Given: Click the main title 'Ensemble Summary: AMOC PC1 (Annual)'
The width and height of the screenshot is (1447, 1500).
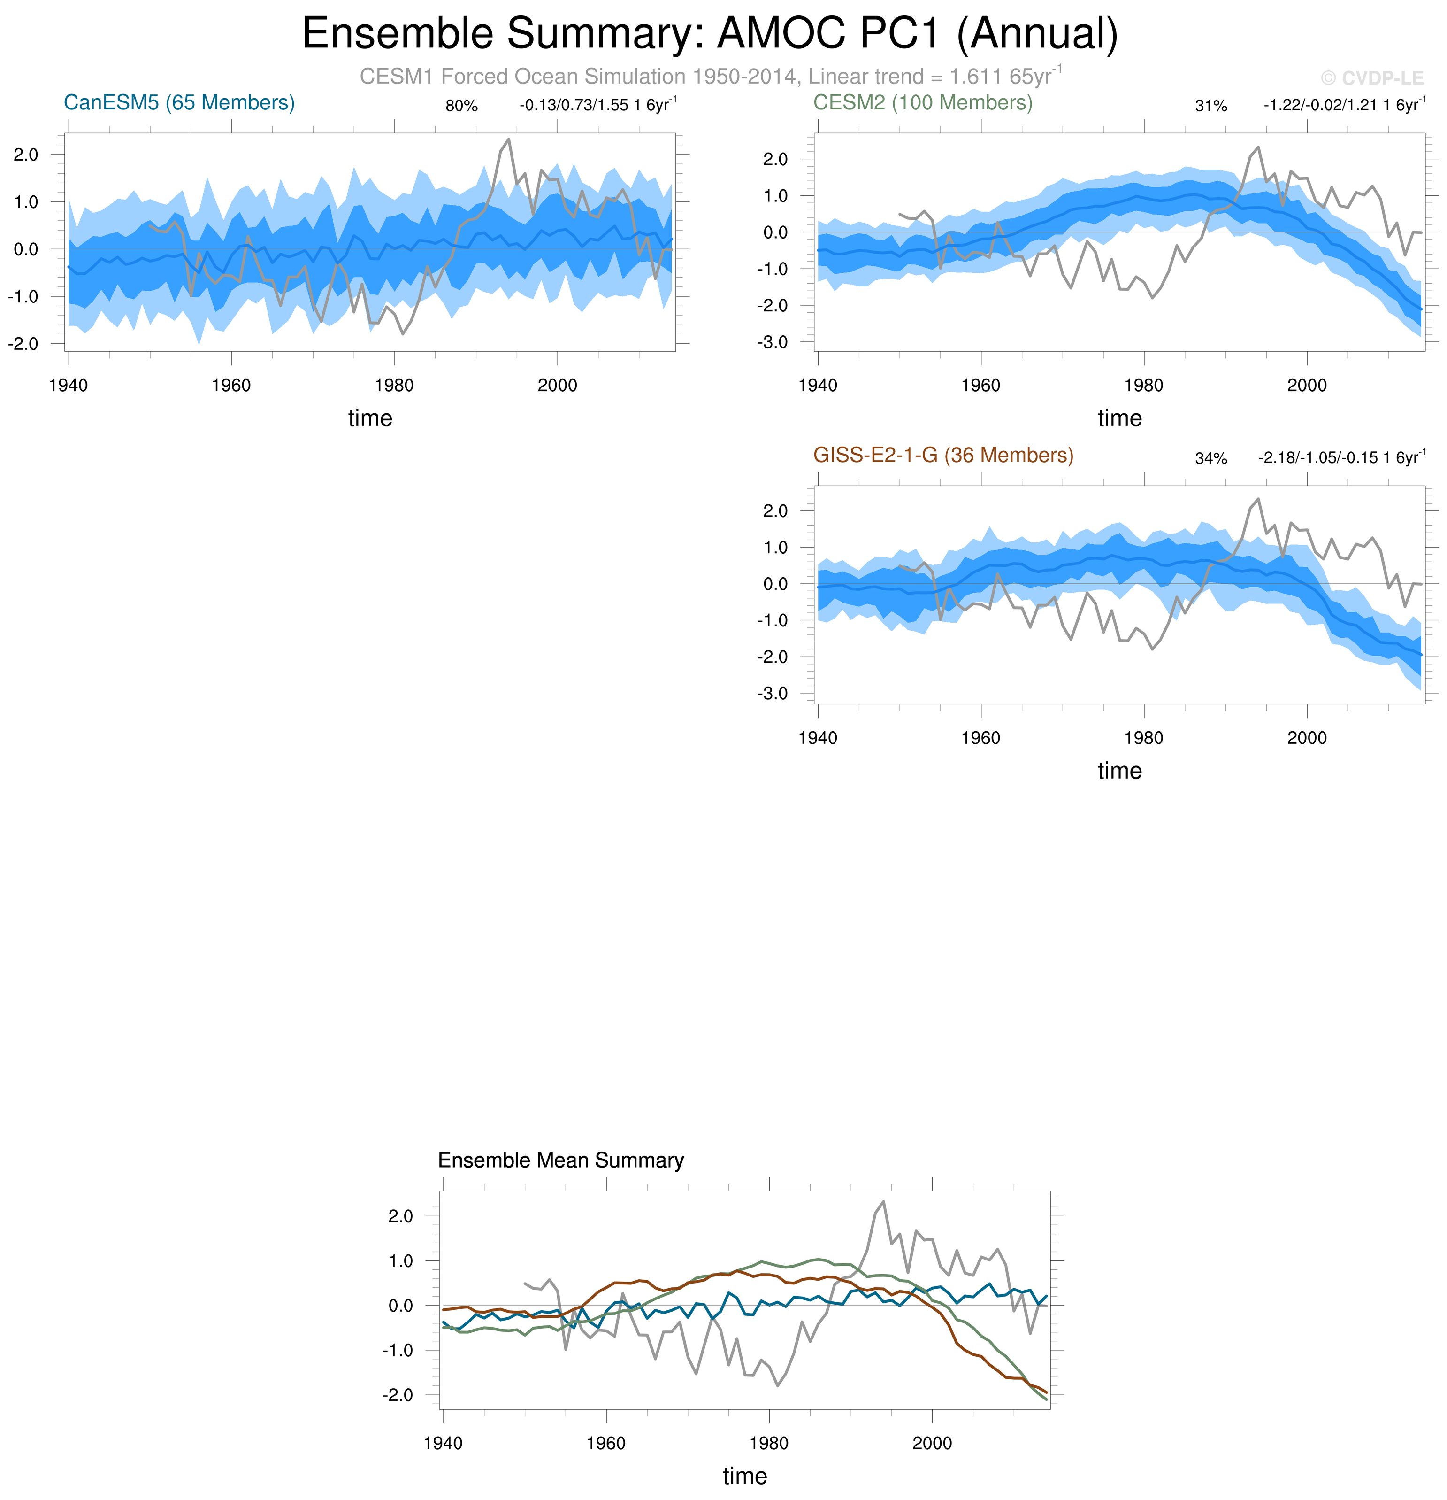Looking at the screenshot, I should pos(710,34).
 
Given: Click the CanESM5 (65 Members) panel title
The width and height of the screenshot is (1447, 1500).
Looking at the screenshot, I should pos(179,102).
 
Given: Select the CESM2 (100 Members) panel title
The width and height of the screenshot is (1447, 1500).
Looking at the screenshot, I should pos(922,102).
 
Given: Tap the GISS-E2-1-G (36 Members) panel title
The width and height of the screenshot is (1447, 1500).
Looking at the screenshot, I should pos(942,456).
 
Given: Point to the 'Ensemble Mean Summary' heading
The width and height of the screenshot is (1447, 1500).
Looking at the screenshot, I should pos(560,1160).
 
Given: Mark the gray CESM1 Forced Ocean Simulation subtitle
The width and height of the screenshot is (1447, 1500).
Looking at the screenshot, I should pos(710,77).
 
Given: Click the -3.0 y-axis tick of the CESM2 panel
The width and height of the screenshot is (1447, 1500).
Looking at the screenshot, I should pos(773,342).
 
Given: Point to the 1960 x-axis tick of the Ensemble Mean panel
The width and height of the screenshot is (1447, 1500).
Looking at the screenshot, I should pos(606,1443).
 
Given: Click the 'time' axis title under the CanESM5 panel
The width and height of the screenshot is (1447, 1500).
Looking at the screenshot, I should pos(370,418).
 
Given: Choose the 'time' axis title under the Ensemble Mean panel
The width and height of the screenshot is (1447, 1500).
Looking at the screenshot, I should pos(745,1476).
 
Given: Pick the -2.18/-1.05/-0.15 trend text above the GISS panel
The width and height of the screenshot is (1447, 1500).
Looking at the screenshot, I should pos(1341,457).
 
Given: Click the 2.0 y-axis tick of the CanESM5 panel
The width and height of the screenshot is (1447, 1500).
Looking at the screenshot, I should pos(25,155).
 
